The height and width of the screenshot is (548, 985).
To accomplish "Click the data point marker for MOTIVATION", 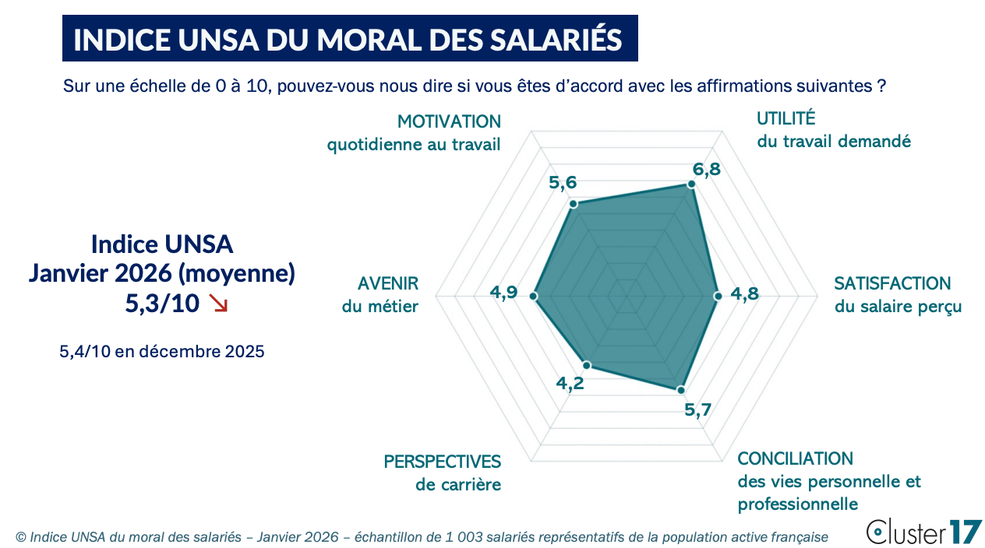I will pyautogui.click(x=574, y=204).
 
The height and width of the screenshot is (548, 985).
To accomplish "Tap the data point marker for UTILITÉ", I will pyautogui.click(x=690, y=184).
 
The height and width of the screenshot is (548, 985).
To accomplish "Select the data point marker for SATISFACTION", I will pyautogui.click(x=717, y=296).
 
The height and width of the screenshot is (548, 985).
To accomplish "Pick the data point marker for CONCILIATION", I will pyautogui.click(x=680, y=390).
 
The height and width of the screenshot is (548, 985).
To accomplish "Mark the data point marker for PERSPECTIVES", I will pyautogui.click(x=588, y=364).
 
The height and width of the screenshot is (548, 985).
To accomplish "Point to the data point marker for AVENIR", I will pyautogui.click(x=534, y=296).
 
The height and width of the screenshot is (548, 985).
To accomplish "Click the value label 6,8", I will pyautogui.click(x=707, y=170).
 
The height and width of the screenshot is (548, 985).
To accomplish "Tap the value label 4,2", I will pyautogui.click(x=570, y=383).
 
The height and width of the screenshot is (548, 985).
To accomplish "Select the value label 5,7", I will pyautogui.click(x=697, y=409).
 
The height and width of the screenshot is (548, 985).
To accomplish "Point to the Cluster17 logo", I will pyautogui.click(x=924, y=532).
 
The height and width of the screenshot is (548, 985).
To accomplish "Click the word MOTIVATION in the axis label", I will pyautogui.click(x=449, y=121).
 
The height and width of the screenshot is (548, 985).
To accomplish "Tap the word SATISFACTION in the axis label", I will pyautogui.click(x=892, y=283).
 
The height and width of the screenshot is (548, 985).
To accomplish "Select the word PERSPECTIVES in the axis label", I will pyautogui.click(x=442, y=461).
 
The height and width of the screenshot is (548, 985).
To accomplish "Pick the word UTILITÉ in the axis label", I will pyautogui.click(x=786, y=118).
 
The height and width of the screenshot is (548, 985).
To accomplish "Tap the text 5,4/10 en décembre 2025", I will pyautogui.click(x=162, y=352).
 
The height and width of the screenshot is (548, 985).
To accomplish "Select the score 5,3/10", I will pyautogui.click(x=162, y=303).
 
